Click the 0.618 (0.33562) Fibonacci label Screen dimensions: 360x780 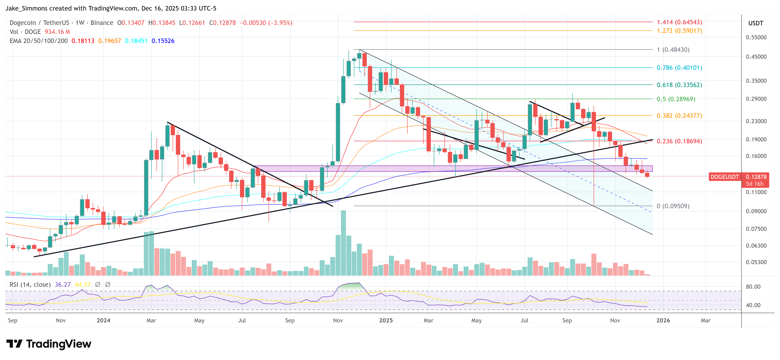click(679, 85)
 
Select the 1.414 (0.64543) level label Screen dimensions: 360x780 click(679, 22)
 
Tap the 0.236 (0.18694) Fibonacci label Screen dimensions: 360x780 click(679, 141)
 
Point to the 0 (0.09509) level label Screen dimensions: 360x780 click(673, 206)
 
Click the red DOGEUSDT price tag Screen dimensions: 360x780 click(725, 177)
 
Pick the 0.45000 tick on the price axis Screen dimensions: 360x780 click(756, 57)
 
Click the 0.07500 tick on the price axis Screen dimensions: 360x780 click(756, 229)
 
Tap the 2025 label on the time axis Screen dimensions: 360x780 click(386, 320)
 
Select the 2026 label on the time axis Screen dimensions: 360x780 click(663, 320)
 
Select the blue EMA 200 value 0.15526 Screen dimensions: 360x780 click(163, 41)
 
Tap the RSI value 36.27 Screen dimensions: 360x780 click(63, 285)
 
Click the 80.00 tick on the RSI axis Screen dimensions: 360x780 click(753, 286)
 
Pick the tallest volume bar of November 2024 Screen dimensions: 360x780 click(343, 242)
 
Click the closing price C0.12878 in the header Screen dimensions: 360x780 click(222, 23)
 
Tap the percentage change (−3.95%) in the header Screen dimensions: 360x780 click(280, 23)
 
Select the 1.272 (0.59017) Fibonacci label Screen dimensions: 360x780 click(679, 31)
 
